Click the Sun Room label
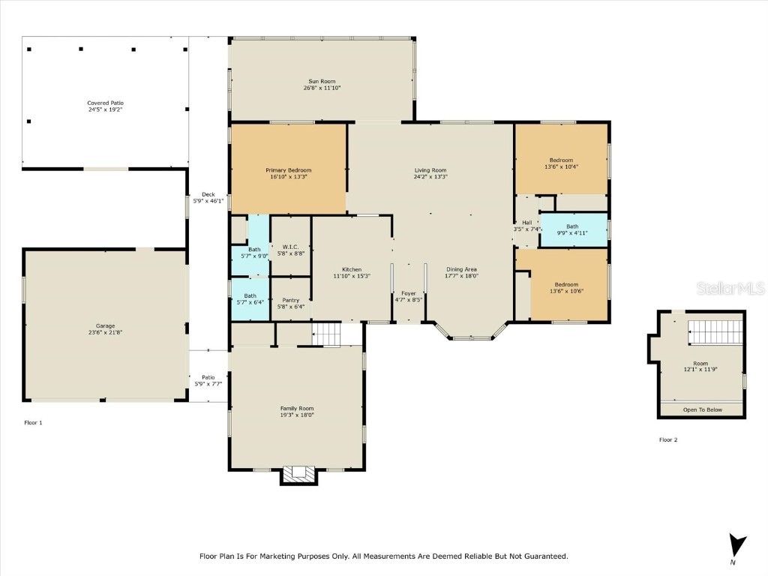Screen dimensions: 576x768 tap(322, 81)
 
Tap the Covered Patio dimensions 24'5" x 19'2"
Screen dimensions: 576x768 tap(105, 110)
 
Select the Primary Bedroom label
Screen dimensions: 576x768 tap(288, 170)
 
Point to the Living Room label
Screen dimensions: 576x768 tap(430, 170)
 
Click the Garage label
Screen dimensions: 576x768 tap(105, 325)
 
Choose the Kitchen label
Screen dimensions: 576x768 tap(352, 269)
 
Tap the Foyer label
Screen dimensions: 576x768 tap(409, 293)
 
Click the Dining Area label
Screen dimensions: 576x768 tap(462, 269)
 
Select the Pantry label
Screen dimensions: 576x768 tap(290, 299)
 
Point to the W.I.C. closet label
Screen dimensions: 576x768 tap(291, 247)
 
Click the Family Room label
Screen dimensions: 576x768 tap(297, 408)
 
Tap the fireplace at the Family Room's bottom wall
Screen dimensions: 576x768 tap(298, 474)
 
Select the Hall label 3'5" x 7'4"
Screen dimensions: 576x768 tap(526, 223)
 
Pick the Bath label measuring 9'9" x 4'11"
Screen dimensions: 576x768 tap(572, 226)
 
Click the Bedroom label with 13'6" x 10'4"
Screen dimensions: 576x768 tap(561, 160)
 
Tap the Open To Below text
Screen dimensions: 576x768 tap(702, 409)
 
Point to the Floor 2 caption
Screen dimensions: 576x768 tap(668, 439)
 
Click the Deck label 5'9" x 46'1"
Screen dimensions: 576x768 tap(208, 194)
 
